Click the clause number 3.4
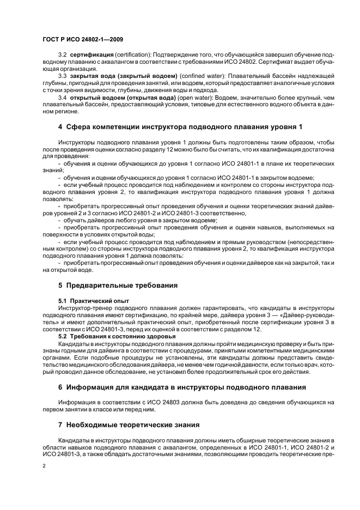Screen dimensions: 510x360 (62, 97)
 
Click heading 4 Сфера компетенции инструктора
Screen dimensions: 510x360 (180, 127)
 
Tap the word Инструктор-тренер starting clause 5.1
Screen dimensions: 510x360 (85, 307)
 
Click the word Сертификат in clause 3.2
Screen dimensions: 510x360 (279, 63)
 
